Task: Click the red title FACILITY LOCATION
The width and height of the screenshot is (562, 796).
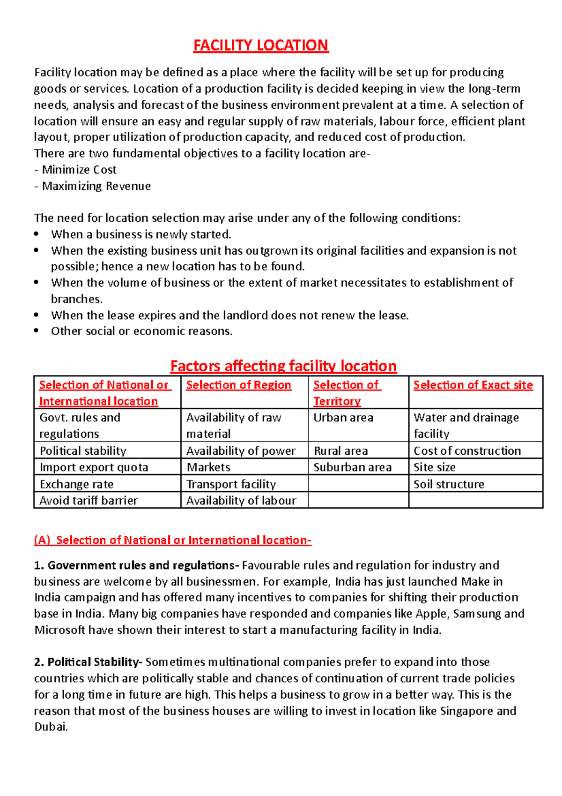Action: point(261,45)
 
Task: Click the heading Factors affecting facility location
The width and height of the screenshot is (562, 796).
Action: point(283,366)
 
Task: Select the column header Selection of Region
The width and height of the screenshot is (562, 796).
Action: point(238,385)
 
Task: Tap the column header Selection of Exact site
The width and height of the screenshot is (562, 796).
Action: point(473,385)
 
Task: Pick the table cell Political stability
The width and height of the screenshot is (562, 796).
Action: point(83,451)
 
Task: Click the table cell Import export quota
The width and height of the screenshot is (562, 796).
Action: point(94,467)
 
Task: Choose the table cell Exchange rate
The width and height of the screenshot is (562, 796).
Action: point(76,484)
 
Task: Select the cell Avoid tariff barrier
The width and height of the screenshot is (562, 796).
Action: point(89,500)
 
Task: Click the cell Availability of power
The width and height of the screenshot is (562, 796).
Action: point(241,451)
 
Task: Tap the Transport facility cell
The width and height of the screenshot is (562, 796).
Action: point(231,484)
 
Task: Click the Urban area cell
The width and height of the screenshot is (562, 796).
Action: point(343,417)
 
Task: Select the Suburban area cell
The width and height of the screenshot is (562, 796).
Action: point(352,467)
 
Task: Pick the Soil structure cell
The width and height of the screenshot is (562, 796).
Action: point(449,484)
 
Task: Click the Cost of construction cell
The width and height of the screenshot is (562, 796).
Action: point(467,451)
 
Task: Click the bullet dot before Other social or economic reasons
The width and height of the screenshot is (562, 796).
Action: point(37,330)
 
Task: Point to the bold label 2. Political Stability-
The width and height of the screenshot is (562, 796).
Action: point(88,662)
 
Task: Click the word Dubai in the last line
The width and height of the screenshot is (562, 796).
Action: point(50,727)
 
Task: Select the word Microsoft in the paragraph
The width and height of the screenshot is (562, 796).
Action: point(60,630)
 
